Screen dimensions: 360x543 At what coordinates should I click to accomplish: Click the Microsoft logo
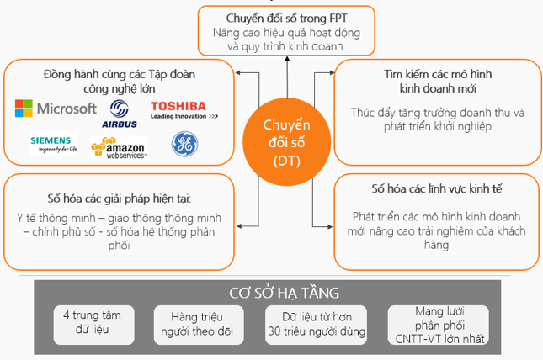point(56,109)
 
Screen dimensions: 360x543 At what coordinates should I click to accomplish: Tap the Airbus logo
point(120,113)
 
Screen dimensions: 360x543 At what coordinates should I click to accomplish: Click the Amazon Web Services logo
point(119,148)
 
